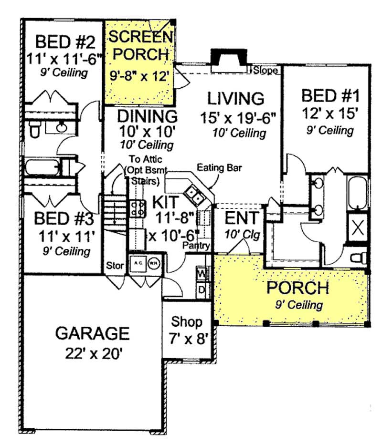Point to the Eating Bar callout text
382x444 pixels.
(220, 167)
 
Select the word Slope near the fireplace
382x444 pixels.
(265, 71)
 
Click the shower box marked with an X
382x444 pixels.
(359, 226)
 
